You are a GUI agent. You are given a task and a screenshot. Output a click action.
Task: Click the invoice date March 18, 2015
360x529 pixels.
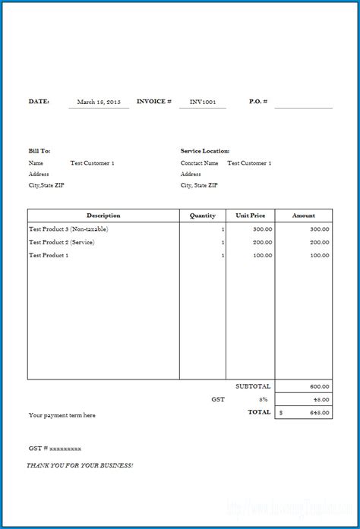coord(99,101)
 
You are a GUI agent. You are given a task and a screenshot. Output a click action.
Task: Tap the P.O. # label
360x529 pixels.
coord(258,101)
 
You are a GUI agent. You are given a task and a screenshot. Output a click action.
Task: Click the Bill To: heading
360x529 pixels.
coord(39,151)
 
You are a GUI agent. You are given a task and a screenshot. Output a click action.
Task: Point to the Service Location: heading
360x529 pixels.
coord(205,151)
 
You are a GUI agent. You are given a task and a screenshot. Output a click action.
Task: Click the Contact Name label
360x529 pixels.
coord(199,163)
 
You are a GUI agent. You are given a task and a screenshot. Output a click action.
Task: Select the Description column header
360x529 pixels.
coord(103,216)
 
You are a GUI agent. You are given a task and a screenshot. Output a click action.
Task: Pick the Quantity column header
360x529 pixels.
coord(202,216)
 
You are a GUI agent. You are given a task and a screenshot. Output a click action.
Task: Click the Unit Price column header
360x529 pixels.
coord(250,216)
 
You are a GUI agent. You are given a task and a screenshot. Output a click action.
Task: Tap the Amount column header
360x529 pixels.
coord(305,216)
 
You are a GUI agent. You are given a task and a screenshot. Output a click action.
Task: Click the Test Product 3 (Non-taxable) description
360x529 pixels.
coord(68,228)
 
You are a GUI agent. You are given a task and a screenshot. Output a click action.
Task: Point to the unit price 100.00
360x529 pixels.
coord(263,256)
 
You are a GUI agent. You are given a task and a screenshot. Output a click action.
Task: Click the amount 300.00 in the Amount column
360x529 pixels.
coord(320,228)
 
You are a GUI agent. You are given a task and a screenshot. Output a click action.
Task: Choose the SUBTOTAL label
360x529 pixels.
coord(253,386)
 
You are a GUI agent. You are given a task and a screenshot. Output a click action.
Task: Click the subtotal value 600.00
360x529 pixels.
coord(320,386)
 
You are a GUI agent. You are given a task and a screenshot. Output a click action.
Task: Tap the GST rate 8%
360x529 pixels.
coord(264,399)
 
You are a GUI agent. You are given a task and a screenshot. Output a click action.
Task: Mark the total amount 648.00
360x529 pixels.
coord(320,413)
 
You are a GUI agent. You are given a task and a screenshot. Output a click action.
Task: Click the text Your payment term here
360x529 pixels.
coord(62,415)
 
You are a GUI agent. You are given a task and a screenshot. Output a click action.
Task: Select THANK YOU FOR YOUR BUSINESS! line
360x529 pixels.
coord(80,464)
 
